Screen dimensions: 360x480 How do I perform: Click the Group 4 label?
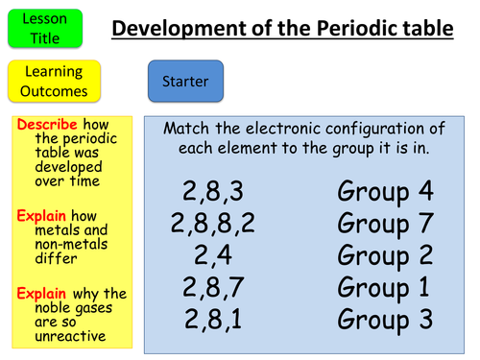coord(386,192)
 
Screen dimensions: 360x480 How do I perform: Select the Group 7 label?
coord(386,224)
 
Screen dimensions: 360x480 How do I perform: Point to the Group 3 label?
coord(386,319)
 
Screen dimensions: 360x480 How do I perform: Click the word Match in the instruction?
coord(187,129)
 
